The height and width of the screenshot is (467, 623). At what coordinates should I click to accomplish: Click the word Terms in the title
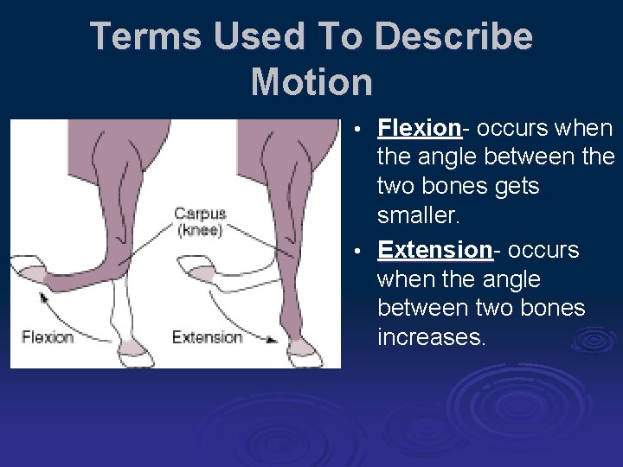pyautogui.click(x=142, y=36)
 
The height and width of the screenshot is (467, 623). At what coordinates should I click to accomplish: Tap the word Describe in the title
pyautogui.click(x=454, y=36)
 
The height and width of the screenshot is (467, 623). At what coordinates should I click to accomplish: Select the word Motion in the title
pyautogui.click(x=311, y=82)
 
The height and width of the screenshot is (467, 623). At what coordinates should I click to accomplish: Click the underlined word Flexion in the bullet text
pyautogui.click(x=419, y=129)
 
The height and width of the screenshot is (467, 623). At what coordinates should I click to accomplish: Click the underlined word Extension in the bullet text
pyautogui.click(x=435, y=250)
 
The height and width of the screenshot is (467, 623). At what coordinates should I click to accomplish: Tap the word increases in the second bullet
pyautogui.click(x=432, y=336)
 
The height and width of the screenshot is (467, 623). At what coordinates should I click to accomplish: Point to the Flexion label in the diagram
pyautogui.click(x=48, y=336)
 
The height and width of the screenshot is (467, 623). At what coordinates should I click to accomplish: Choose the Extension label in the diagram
pyautogui.click(x=206, y=336)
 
